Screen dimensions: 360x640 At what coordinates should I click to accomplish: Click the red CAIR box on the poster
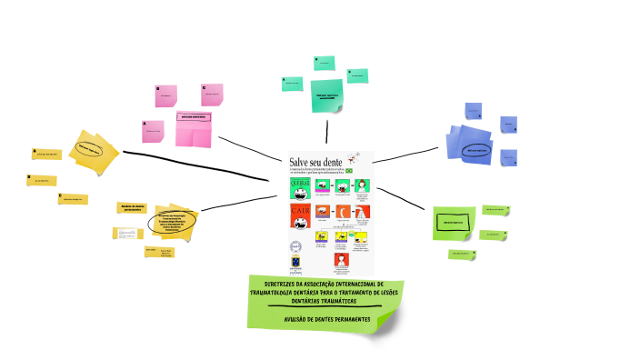[300, 215]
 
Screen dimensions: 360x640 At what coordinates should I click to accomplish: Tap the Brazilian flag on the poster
[361, 170]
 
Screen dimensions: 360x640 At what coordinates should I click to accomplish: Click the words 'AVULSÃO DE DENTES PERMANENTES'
[326, 319]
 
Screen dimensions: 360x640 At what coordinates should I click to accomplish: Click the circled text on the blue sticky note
[475, 150]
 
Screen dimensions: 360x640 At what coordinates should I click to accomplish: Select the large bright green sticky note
[454, 222]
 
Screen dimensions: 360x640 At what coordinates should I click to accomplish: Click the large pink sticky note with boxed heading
[194, 126]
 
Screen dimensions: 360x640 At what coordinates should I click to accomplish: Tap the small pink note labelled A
[153, 131]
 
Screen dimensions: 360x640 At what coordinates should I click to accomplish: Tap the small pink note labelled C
[212, 94]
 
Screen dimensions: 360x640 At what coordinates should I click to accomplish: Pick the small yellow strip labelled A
[46, 154]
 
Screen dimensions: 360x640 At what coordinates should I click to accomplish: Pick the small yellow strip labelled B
[42, 181]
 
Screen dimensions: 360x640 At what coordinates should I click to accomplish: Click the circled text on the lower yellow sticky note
[172, 221]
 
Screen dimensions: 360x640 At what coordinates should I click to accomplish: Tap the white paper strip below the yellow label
[127, 233]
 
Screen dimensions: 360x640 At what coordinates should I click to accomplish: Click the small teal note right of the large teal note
[357, 75]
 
